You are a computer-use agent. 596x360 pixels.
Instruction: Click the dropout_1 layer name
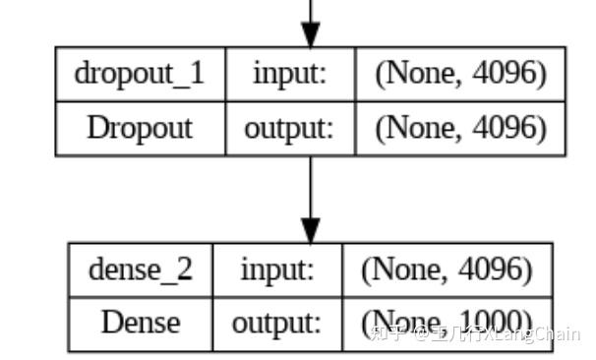[x=140, y=75]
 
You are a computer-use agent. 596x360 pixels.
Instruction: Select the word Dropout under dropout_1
[x=140, y=128]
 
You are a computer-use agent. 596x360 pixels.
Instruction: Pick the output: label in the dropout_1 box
[x=289, y=128]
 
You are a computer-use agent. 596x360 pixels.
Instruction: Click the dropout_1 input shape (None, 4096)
[x=460, y=75]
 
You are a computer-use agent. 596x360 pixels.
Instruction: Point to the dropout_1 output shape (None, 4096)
[x=460, y=128]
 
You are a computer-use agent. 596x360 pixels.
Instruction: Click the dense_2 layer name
[x=140, y=270]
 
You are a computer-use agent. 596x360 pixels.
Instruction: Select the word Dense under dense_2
[x=140, y=323]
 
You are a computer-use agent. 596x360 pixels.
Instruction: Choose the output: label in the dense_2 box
[x=276, y=323]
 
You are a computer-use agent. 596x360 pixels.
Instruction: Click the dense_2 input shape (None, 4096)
[x=447, y=270]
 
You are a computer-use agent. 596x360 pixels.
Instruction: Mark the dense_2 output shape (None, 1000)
[x=447, y=323]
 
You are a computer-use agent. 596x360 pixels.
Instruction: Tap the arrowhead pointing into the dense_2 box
[x=311, y=232]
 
